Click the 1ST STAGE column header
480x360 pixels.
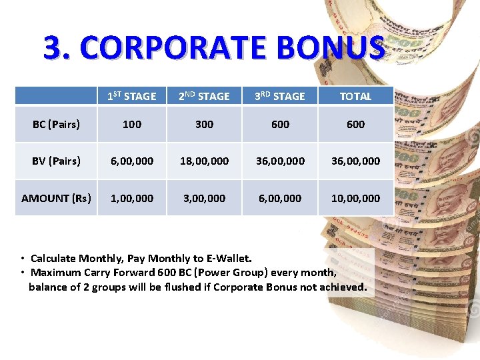pyautogui.click(x=132, y=96)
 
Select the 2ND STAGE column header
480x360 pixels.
pyautogui.click(x=204, y=96)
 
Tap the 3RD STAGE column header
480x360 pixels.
pyautogui.click(x=280, y=96)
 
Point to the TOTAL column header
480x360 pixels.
pyautogui.click(x=355, y=96)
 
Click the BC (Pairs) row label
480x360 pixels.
pyautogui.click(x=57, y=124)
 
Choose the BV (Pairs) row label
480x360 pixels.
pyautogui.click(x=57, y=161)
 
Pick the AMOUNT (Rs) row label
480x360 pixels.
pyautogui.click(x=57, y=198)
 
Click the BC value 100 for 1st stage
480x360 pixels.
pyautogui.click(x=132, y=124)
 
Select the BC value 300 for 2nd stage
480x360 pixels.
pyautogui.click(x=204, y=124)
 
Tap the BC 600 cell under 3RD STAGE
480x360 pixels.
pyautogui.click(x=280, y=124)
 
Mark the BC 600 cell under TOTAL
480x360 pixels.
pyautogui.click(x=355, y=124)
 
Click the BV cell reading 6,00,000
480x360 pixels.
pyautogui.click(x=132, y=161)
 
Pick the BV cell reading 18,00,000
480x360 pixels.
pyautogui.click(x=204, y=161)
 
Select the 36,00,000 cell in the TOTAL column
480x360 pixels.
pyautogui.click(x=355, y=161)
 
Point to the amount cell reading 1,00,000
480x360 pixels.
pyautogui.click(x=132, y=198)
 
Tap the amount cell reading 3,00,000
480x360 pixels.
pyautogui.click(x=204, y=198)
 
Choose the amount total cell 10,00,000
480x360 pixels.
pyautogui.click(x=355, y=198)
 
